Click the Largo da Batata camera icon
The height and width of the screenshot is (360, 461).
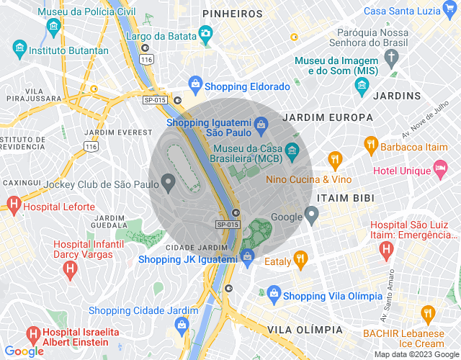[205, 33]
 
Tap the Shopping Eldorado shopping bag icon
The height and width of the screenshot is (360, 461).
[194, 86]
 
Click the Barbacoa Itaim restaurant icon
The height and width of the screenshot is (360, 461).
[371, 143]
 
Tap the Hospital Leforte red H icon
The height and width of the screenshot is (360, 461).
[12, 205]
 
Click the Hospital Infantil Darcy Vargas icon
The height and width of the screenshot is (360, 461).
[70, 270]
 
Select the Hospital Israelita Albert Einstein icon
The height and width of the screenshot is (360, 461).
[33, 335]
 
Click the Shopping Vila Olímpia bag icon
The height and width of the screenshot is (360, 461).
[273, 294]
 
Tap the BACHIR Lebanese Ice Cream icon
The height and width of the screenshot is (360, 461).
[429, 314]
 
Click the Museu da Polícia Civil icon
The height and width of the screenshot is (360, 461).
[53, 27]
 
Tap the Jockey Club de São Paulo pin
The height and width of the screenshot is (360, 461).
[169, 183]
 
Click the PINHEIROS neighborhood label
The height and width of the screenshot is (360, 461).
[233, 14]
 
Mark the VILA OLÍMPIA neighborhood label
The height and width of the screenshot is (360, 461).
[305, 329]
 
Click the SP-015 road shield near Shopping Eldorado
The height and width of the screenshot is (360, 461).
[153, 100]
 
